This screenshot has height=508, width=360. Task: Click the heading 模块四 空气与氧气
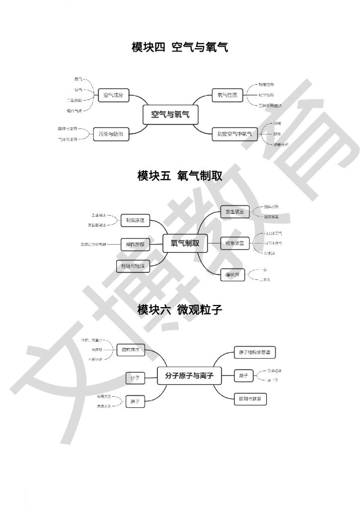pos(180,48)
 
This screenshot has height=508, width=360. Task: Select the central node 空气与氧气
pos(170,115)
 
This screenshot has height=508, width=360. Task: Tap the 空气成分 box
pos(113,95)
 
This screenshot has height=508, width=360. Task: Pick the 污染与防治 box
pos(111,134)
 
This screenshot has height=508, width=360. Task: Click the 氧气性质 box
pos(227,95)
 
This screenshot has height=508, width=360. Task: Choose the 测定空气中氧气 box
pos(234,134)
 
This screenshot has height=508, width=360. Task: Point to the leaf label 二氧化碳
pos(75,100)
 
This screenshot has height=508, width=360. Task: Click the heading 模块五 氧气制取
pos(180,176)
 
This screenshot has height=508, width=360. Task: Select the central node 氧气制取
pos(185,243)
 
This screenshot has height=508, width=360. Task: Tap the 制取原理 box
pos(135,220)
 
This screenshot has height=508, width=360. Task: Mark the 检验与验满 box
pos(133,266)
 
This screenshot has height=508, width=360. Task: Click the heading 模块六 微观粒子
pos(180,310)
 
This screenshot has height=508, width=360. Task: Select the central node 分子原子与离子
pos(189,376)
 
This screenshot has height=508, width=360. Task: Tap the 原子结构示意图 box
pos(254,353)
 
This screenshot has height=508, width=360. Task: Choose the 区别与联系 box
pos(250,399)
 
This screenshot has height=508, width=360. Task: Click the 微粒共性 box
pos(131,350)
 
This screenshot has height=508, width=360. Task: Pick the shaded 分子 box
pos(135,378)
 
